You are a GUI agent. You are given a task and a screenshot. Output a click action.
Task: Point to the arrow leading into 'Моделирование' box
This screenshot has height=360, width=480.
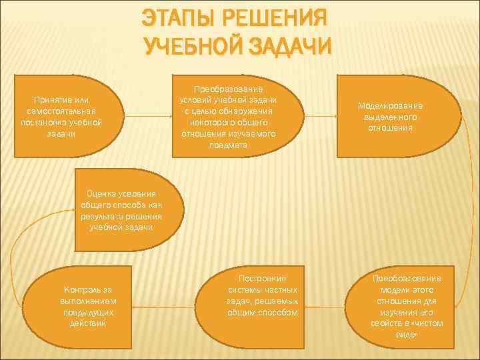coord(319,116)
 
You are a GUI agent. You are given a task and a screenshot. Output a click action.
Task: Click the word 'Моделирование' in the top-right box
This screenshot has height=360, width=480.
coord(390,105)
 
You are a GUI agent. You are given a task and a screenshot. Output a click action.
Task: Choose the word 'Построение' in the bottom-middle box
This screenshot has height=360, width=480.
coord(261,278)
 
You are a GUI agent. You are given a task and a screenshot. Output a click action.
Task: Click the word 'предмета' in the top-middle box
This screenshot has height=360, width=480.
coord(228,144)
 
